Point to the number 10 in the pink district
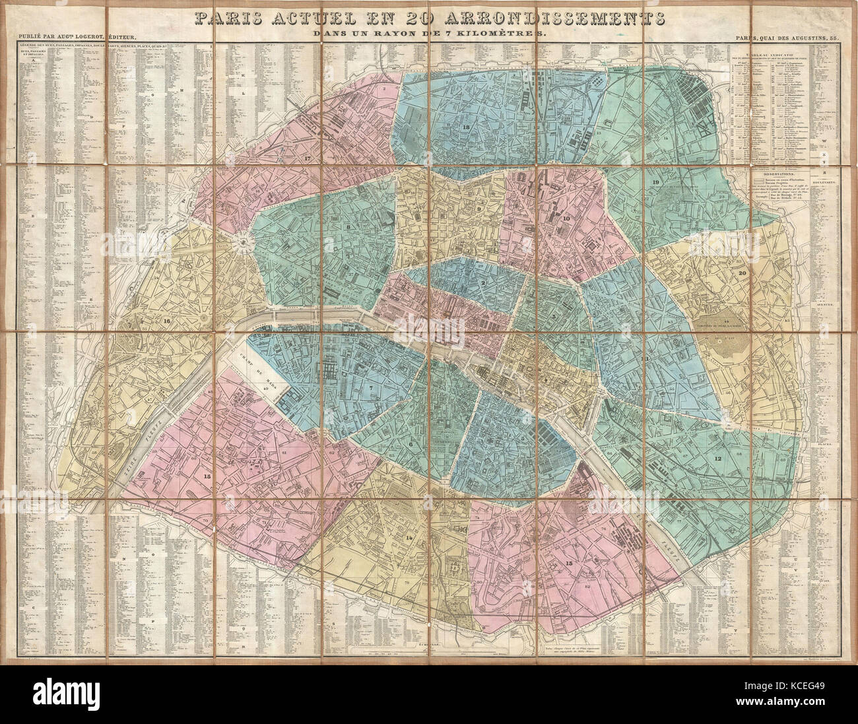tap(566, 217)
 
